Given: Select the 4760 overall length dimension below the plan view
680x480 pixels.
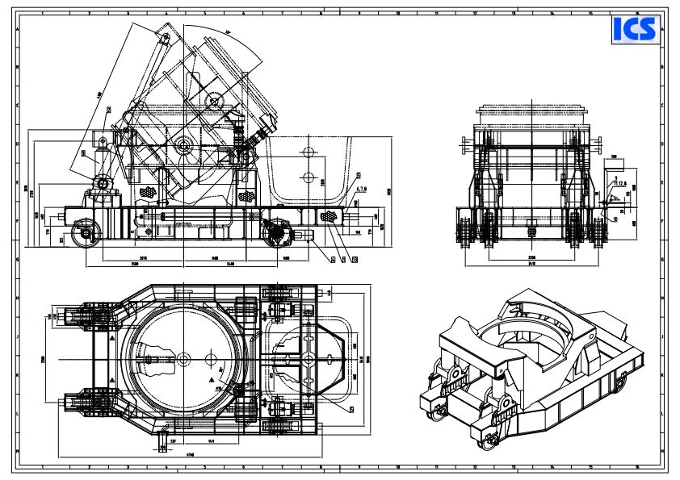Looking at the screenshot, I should coord(190,454).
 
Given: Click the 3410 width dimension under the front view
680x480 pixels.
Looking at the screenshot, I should coord(531,263).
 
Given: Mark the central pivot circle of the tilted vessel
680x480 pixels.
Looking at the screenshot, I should coord(183,147).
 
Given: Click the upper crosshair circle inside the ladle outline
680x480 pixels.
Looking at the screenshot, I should coord(307,151).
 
